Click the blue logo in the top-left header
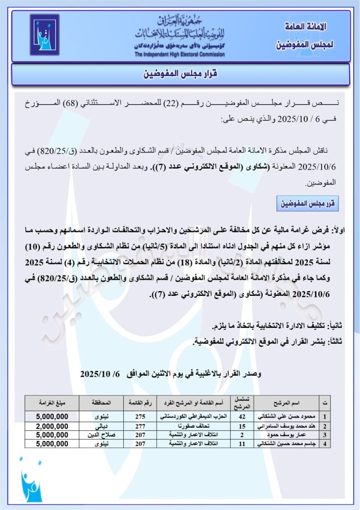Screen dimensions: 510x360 tap(44, 34)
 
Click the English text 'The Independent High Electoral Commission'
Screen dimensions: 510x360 tap(180, 54)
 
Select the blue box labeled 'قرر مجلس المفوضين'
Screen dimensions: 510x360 tap(308, 203)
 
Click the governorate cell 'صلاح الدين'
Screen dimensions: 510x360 tap(101, 435)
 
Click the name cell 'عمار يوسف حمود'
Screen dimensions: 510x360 tap(287, 435)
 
